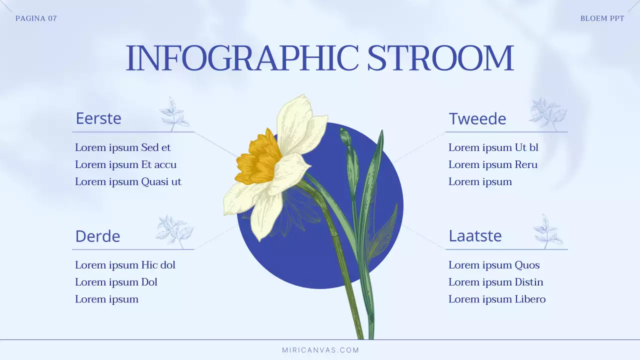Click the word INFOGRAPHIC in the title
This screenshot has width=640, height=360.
point(241,57)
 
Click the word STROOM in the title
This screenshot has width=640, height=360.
point(440,57)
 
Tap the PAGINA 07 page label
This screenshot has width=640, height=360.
point(36,18)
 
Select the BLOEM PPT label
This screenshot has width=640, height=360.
point(602,18)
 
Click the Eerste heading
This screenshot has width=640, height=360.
point(98,118)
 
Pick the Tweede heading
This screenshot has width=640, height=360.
point(477,119)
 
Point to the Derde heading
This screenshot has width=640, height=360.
point(97,236)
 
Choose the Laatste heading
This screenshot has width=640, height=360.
point(475,235)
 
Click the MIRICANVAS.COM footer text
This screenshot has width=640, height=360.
point(320,350)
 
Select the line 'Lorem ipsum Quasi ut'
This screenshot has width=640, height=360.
point(128,181)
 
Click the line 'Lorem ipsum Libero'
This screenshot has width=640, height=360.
point(497,299)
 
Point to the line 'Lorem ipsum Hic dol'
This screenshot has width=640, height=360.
point(125,265)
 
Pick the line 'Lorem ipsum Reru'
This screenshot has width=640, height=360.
point(493,164)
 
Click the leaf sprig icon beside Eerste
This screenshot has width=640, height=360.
point(174,114)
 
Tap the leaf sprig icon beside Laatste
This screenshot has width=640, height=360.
point(547,231)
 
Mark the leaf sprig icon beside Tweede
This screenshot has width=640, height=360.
point(548,114)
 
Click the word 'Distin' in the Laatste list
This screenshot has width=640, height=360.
point(529,282)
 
